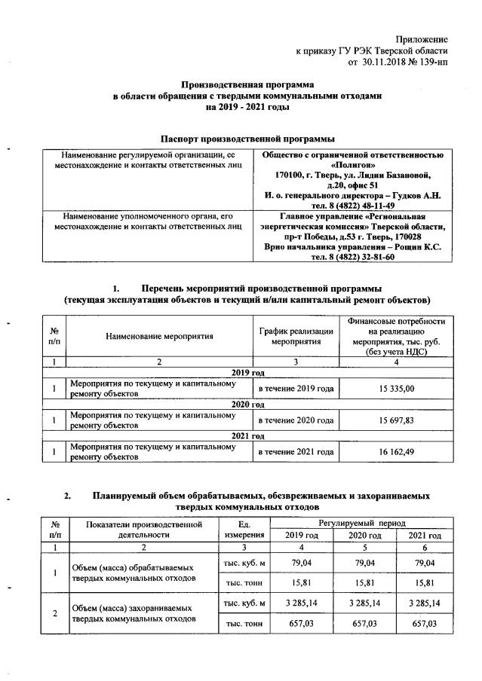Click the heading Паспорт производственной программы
click(x=247, y=139)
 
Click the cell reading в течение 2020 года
click(x=296, y=420)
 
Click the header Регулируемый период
click(x=362, y=522)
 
